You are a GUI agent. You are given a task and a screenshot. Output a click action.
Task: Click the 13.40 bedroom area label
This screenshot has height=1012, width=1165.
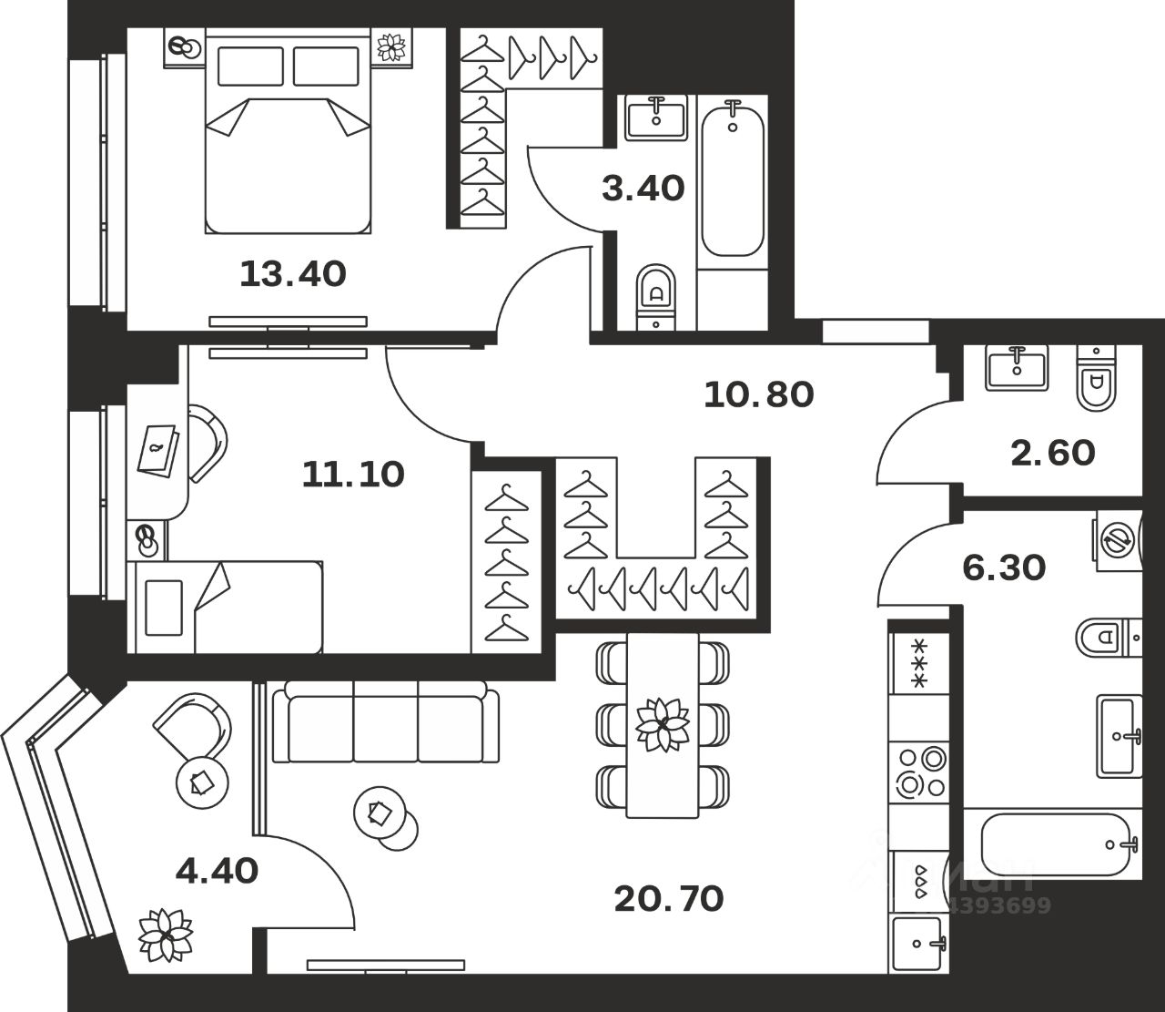(292, 272)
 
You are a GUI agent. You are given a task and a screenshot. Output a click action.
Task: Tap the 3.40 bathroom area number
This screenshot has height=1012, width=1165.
(643, 189)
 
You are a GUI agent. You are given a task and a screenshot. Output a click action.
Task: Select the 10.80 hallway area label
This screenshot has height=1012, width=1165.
(758, 394)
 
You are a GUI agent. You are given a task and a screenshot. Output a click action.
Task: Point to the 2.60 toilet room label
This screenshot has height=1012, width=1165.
(1053, 452)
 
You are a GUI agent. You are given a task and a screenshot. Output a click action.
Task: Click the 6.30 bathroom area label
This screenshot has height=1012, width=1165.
(1004, 567)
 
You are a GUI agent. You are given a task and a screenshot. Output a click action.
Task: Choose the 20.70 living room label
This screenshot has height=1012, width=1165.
(669, 899)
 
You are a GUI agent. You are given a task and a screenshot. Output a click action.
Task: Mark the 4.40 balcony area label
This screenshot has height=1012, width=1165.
(217, 871)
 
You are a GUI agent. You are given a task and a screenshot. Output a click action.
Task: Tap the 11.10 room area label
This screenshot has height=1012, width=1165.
(353, 474)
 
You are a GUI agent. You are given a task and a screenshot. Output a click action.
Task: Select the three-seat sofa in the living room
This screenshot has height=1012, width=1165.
(386, 725)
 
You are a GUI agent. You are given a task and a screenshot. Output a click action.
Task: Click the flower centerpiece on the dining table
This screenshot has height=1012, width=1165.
(662, 725)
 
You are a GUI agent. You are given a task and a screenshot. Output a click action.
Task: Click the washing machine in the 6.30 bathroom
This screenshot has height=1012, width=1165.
(1116, 538)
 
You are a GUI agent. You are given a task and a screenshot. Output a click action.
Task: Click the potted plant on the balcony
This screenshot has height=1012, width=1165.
(166, 934)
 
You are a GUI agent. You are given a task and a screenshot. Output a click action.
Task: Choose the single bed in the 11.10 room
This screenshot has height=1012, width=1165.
(228, 607)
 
